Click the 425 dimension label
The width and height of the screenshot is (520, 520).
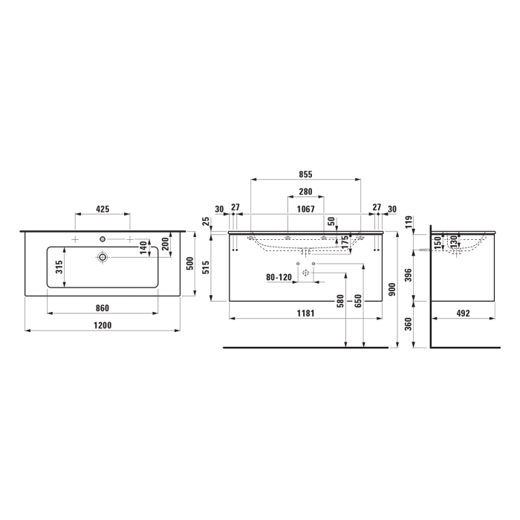click(103, 210)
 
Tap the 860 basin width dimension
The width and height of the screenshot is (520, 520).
click(103, 308)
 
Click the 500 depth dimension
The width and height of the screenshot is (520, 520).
click(189, 264)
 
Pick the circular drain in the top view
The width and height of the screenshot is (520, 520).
click(102, 257)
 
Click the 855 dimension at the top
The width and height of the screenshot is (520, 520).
click(305, 175)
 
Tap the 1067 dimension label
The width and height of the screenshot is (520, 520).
click(305, 209)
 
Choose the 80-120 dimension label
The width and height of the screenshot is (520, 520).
click(279, 278)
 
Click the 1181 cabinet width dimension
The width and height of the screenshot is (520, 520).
click(305, 313)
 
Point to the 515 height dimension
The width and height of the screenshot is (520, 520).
click(206, 266)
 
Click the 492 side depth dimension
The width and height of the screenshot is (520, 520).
click(464, 313)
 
